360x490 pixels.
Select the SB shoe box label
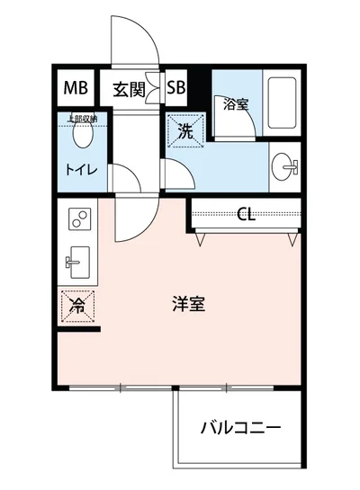[176, 89]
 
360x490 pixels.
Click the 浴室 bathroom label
[236, 104]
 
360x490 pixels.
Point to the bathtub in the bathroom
[283, 107]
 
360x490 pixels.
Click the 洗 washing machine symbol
[185, 131]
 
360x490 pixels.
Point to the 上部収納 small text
[84, 117]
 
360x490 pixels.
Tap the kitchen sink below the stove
[77, 262]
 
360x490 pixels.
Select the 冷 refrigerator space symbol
[77, 306]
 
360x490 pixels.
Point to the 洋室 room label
[189, 304]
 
